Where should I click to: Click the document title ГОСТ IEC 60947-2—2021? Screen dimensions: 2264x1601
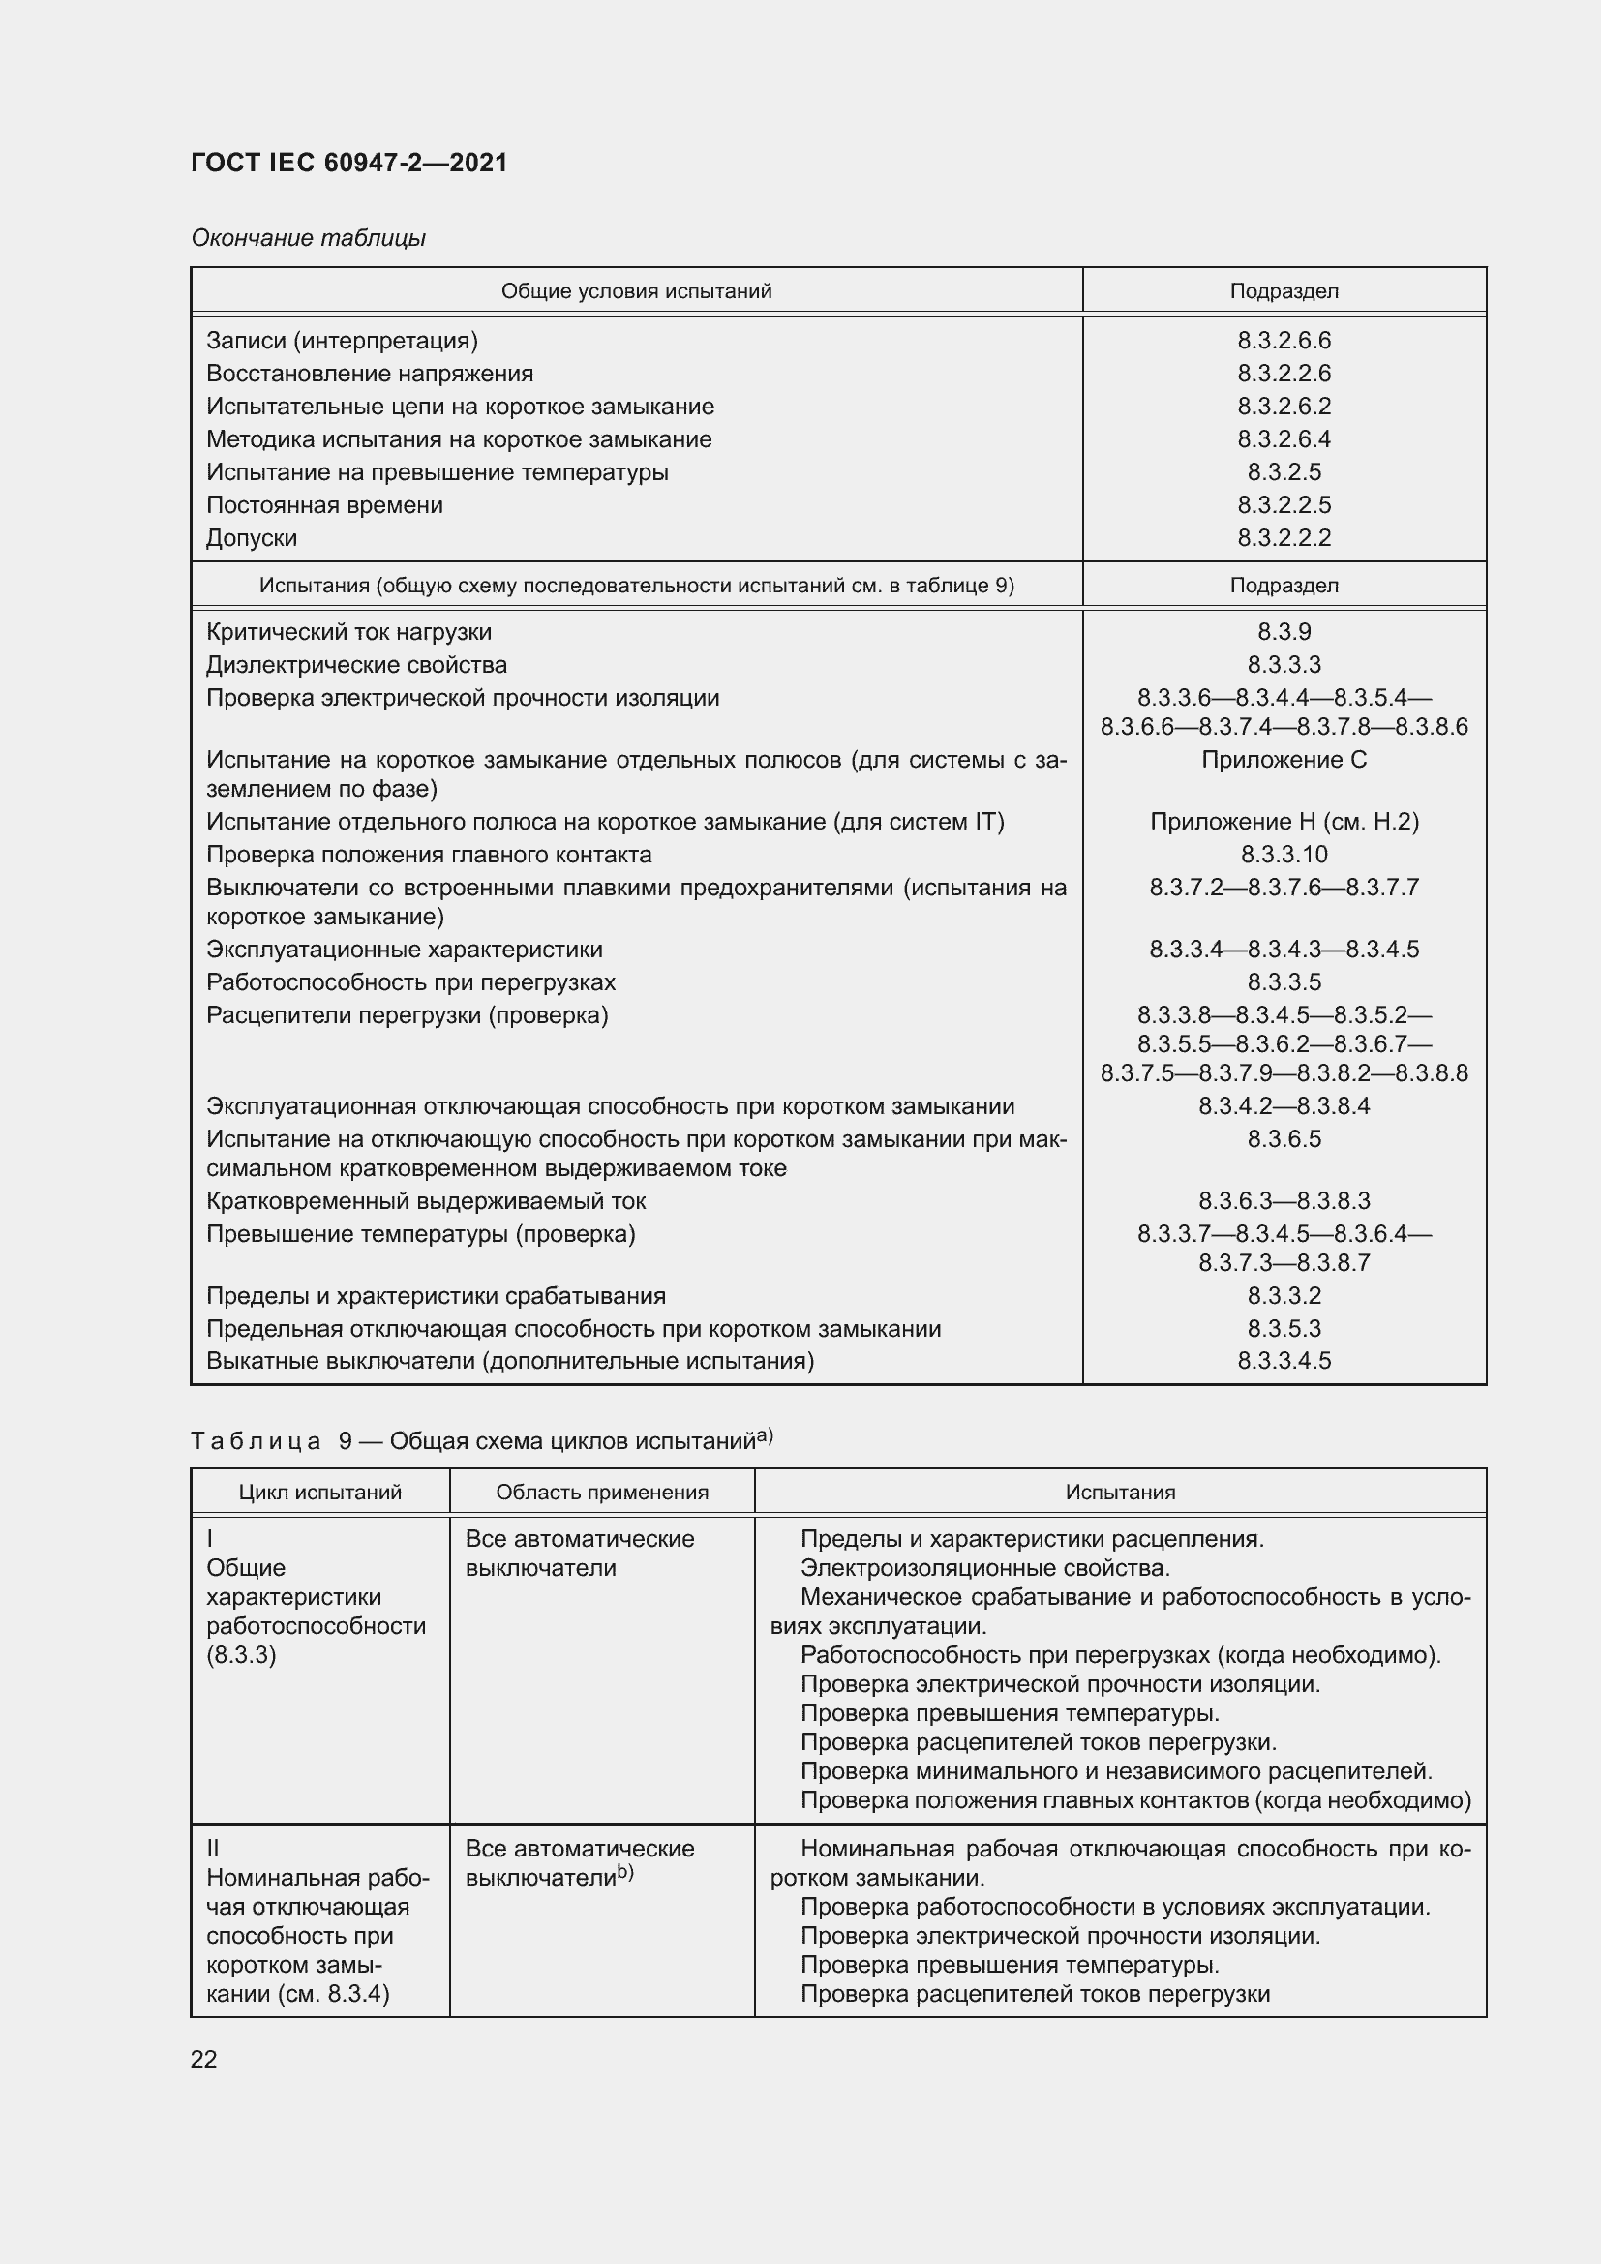(349, 163)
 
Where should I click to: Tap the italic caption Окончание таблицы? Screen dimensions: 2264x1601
(309, 238)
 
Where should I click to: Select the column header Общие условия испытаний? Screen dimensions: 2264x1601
(636, 291)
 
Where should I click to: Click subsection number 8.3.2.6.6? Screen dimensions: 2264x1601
(1284, 340)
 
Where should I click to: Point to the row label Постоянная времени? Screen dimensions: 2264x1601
(324, 505)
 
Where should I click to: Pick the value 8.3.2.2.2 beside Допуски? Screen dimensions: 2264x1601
(1284, 537)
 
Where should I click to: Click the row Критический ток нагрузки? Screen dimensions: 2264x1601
(348, 632)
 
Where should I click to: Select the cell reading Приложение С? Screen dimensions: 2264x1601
(1284, 759)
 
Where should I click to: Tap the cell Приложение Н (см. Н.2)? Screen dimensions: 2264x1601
(1284, 822)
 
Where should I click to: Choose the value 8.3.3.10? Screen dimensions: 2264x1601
(1284, 854)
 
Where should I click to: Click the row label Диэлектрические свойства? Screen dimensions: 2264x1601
(356, 665)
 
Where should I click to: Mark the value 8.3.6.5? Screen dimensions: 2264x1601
(1284, 1139)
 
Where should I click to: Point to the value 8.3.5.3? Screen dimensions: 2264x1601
(1284, 1328)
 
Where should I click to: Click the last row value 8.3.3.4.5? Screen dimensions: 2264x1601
(1284, 1361)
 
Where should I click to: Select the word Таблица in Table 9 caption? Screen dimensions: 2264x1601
(257, 1441)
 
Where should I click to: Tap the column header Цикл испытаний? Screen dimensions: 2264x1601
(320, 1492)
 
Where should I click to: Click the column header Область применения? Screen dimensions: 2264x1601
(601, 1492)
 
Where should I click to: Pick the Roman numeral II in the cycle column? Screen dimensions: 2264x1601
(213, 1849)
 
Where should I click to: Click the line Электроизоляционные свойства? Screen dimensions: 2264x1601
(983, 1568)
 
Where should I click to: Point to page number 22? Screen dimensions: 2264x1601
(204, 2059)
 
